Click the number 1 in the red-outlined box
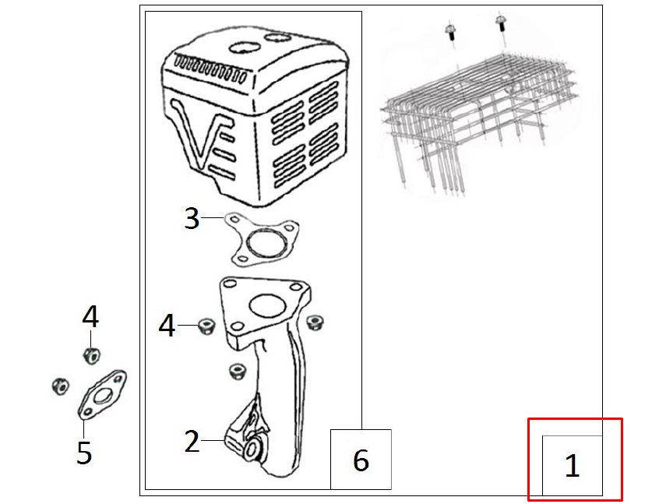pyautogui.click(x=573, y=465)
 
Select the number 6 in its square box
pyautogui.click(x=361, y=460)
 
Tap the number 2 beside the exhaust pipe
pyautogui.click(x=192, y=441)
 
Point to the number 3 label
pyautogui.click(x=192, y=218)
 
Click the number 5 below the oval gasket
pyautogui.click(x=84, y=453)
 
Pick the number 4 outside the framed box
pyautogui.click(x=90, y=316)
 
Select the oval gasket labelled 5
pyautogui.click(x=102, y=394)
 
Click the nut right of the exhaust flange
pyautogui.click(x=315, y=322)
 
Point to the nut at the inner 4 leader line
pyautogui.click(x=206, y=326)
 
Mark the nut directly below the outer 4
pyautogui.click(x=91, y=355)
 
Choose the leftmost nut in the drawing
pyautogui.click(x=60, y=386)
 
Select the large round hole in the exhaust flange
pyautogui.click(x=267, y=305)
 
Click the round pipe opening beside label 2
pyautogui.click(x=253, y=449)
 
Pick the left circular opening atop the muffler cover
pyautogui.click(x=245, y=47)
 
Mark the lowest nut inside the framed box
pyautogui.click(x=237, y=371)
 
